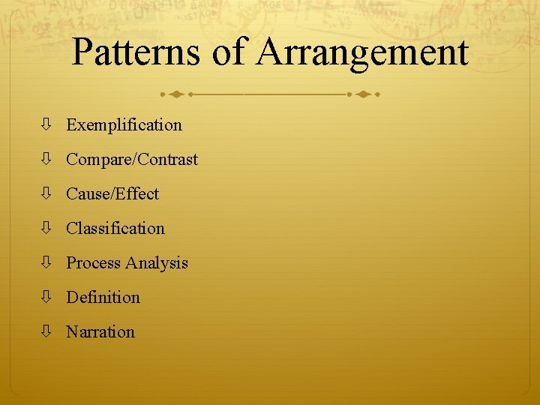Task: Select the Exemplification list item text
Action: [124, 125]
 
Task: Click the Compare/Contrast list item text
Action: [132, 160]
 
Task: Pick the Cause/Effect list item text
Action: [112, 194]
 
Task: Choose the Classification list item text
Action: [115, 229]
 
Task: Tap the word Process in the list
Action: [94, 263]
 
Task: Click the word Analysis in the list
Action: [157, 263]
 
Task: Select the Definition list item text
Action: [103, 298]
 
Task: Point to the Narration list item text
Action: [100, 332]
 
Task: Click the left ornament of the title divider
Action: [176, 95]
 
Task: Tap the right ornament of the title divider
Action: [363, 95]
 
